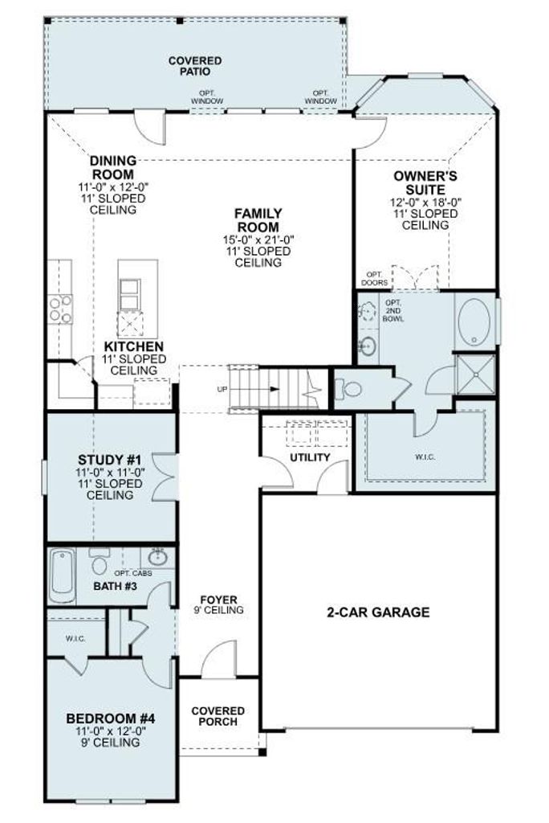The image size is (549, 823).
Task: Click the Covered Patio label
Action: pos(195,66)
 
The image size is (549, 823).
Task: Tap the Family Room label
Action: pos(258,220)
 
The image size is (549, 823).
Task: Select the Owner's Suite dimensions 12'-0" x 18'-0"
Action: pos(425,202)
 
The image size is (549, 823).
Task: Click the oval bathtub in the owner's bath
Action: pos(474,321)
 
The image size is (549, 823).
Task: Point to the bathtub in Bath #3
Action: pos(63,576)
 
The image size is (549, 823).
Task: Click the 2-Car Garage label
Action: pos(378,612)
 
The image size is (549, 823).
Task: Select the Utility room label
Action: pos(310,457)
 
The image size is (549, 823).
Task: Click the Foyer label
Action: pos(218,600)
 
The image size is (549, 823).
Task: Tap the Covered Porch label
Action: pos(218,716)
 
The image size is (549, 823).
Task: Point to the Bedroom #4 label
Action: pos(111,719)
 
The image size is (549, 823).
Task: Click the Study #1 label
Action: pos(111,460)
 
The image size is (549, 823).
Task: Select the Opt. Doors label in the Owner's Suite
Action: pos(374,279)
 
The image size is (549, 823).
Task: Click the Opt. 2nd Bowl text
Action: pos(392,311)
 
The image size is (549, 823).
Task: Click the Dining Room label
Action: pos(113,167)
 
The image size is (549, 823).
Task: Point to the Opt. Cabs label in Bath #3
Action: pos(133,573)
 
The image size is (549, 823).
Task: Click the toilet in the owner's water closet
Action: pos(350,389)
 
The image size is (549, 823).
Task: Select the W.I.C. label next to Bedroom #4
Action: pos(75,639)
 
